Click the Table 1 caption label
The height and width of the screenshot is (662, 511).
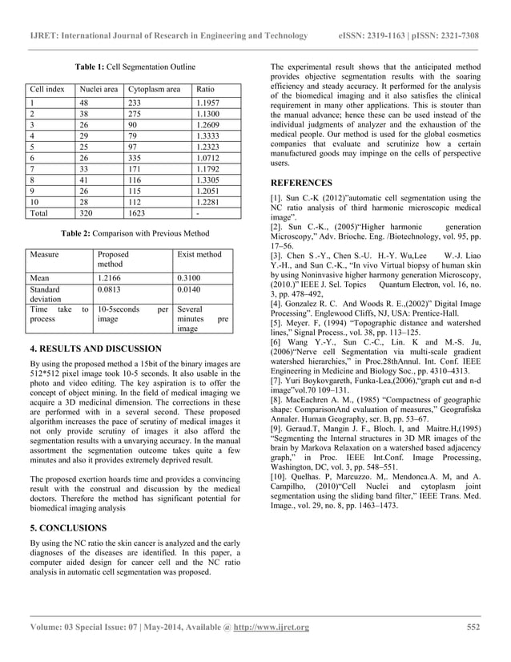click(x=93, y=64)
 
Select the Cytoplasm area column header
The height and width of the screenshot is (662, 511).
click(x=154, y=90)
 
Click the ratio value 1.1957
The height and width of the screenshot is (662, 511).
click(x=209, y=103)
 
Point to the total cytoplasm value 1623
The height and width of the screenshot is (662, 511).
click(x=137, y=214)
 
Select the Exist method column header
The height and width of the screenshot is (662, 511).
click(x=199, y=254)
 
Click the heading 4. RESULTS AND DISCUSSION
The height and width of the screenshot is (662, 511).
click(x=100, y=349)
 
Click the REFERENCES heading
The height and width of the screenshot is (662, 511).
click(x=301, y=182)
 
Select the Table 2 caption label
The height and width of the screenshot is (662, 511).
click(x=92, y=233)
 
